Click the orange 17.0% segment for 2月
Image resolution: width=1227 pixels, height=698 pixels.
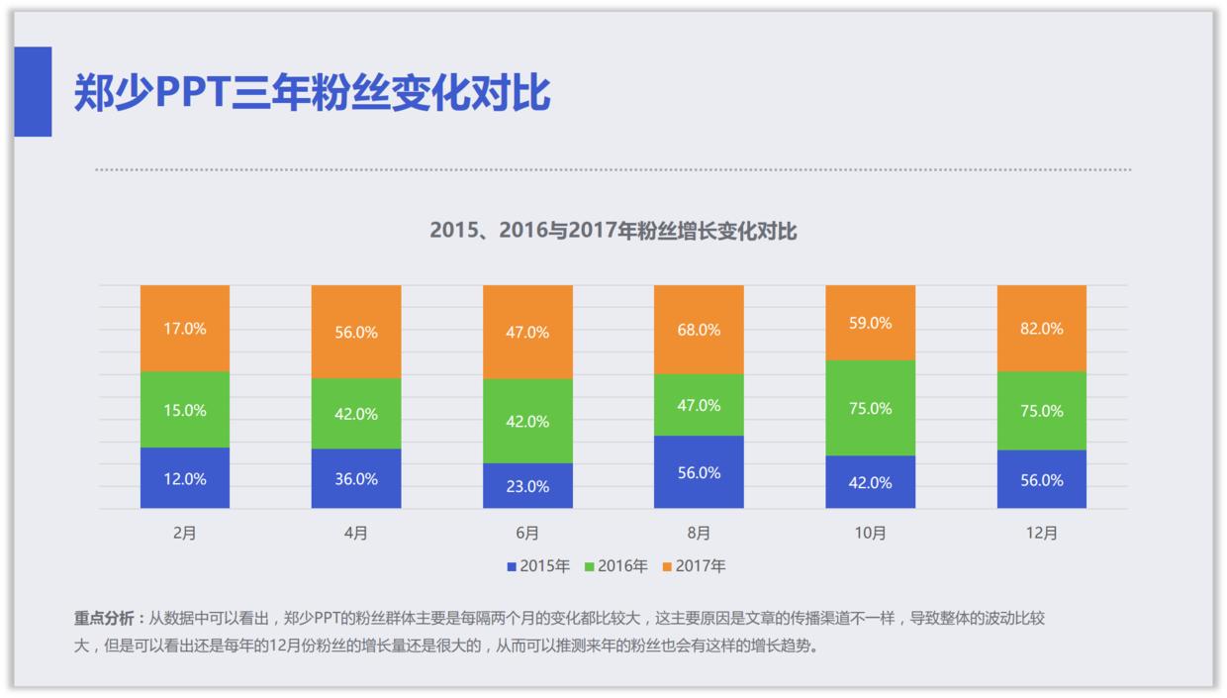[x=185, y=328]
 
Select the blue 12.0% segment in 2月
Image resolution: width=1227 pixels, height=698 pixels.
[x=185, y=478]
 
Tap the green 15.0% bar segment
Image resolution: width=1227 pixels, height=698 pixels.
[x=185, y=409]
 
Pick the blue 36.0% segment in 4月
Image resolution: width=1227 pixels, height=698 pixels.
[x=356, y=478]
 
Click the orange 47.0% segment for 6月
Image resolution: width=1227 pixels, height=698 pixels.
[x=527, y=332]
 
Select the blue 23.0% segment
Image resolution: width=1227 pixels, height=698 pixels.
[x=527, y=485]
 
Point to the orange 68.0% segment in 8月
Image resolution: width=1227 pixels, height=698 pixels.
[x=699, y=329]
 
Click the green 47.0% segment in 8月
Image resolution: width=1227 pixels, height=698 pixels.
[x=699, y=404]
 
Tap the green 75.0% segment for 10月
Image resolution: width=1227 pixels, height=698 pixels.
[x=870, y=408]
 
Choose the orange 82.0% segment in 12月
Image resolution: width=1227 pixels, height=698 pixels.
[x=1041, y=328]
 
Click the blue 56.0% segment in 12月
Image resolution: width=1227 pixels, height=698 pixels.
[x=1041, y=479]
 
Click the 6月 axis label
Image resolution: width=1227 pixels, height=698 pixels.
[x=527, y=534]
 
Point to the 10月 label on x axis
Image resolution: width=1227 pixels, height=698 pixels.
[x=870, y=534]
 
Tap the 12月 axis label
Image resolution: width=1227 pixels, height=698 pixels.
[x=1041, y=534]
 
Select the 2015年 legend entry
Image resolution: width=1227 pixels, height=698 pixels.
[x=539, y=566]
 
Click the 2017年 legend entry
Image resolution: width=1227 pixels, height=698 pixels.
[x=695, y=566]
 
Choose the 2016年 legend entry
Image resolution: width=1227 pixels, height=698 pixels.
[x=617, y=566]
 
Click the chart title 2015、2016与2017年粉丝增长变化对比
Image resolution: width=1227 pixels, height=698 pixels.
[x=613, y=231]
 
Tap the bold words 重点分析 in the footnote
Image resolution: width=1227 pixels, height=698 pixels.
[x=104, y=618]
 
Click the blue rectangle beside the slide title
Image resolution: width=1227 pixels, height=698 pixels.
[x=33, y=91]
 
